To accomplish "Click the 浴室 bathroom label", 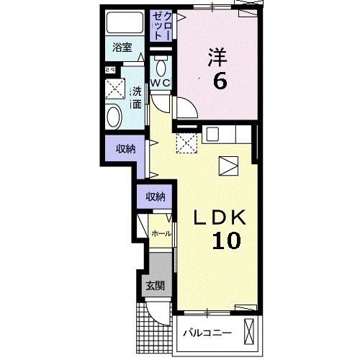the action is point(122,48).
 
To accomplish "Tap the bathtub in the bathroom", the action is point(125,22).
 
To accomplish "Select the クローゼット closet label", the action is point(161,26).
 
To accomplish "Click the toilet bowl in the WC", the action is point(161,67).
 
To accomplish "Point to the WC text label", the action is point(160,83).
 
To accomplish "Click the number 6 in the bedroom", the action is point(220,81).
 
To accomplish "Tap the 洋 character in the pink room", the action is point(217,57).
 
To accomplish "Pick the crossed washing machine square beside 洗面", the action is point(115,89).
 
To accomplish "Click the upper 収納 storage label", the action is point(125,149).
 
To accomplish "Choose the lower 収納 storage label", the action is point(156,197).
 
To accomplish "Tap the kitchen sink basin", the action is point(213,134).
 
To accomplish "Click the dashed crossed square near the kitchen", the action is point(186,143).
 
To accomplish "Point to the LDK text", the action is point(220,217).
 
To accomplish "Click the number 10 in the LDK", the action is point(226,240).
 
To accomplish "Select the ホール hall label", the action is point(161,233).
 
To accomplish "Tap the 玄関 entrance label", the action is point(156,286).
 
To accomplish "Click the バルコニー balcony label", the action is point(207,333).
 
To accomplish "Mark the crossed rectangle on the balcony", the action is point(249,332).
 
